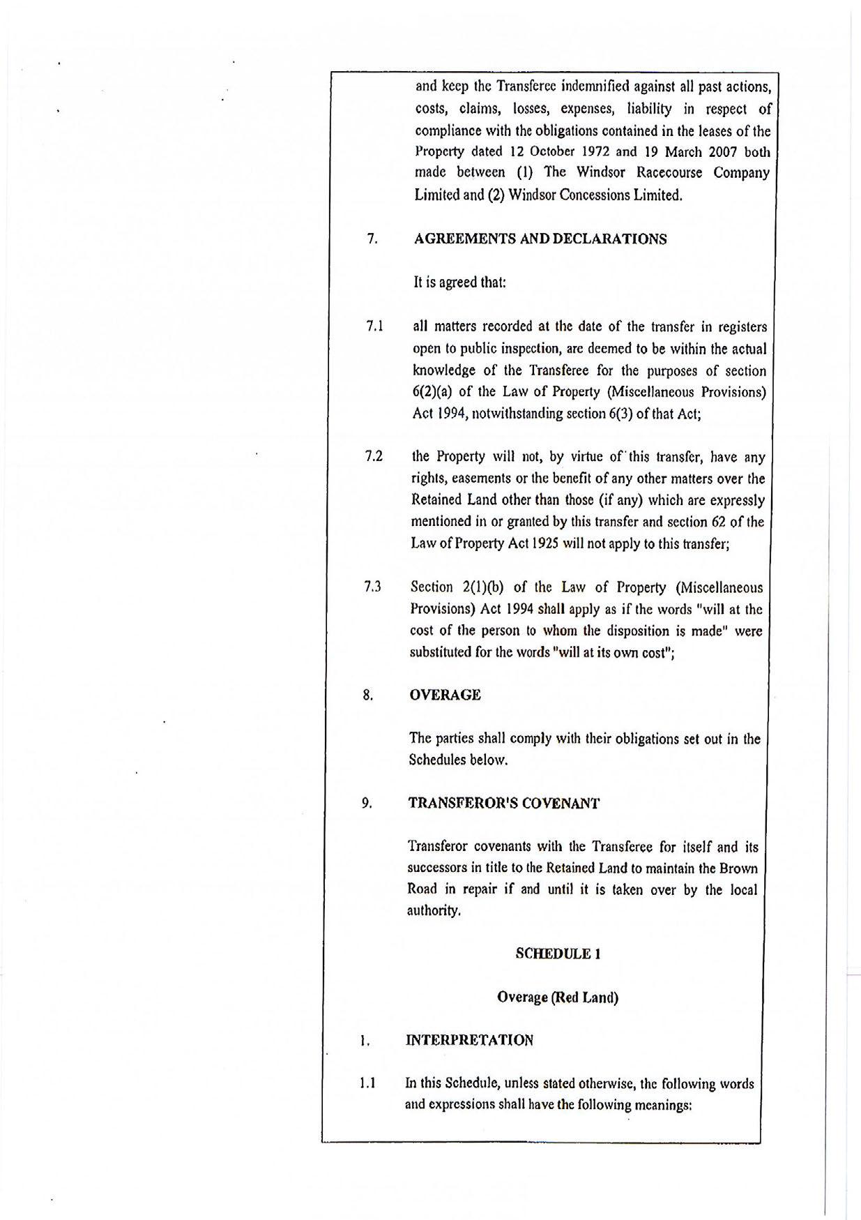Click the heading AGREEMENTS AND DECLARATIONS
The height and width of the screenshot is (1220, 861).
pos(540,239)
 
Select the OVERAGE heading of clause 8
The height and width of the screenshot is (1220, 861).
pos(444,695)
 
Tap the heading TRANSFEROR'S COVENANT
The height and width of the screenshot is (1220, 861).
pos(503,803)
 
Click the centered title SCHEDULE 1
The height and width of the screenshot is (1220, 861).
pos(558,954)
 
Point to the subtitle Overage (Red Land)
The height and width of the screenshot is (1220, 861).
pos(557,997)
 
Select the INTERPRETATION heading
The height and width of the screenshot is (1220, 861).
pos(469,1040)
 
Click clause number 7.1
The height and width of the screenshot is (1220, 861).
pos(375,326)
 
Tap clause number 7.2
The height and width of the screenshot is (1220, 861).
pos(374,457)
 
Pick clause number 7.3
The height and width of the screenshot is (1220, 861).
pos(372,587)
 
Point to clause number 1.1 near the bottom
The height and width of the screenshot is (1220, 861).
pos(367,1083)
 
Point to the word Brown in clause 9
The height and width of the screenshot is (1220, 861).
pos(739,868)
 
